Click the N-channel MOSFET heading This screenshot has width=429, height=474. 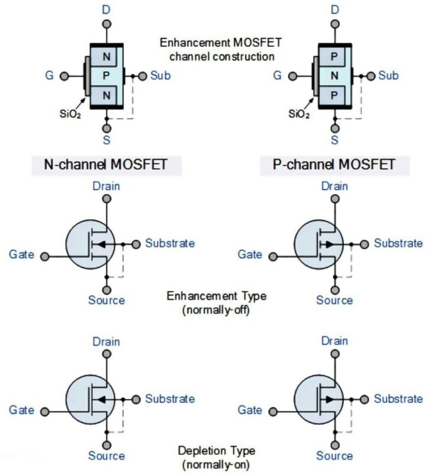pyautogui.click(x=107, y=164)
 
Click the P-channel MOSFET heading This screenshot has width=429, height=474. pyautogui.click(x=334, y=164)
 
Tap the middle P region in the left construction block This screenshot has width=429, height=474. pyautogui.click(x=107, y=76)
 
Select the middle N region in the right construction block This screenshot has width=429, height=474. pyautogui.click(x=336, y=76)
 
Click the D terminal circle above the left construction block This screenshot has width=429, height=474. pyautogui.click(x=107, y=24)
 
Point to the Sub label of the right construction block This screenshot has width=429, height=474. pyautogui.click(x=388, y=76)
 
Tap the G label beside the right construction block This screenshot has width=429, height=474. pyautogui.click(x=276, y=76)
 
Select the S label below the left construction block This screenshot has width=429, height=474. pyautogui.click(x=107, y=140)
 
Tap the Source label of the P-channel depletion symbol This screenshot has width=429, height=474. pyautogui.click(x=334, y=456)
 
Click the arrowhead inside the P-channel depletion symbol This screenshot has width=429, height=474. pyautogui.click(x=330, y=399)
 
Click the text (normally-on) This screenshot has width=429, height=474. pyautogui.click(x=217, y=465)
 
